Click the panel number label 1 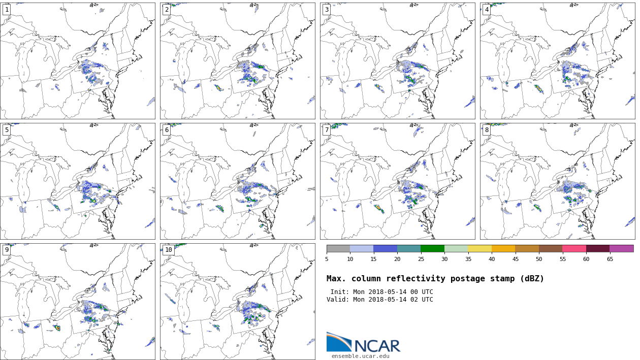[7, 10]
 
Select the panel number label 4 [487, 10]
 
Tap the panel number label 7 [327, 130]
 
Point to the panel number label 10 [168, 250]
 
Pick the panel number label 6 [167, 130]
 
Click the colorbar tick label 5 [327, 259]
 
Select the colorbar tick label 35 [468, 259]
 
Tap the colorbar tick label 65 [610, 259]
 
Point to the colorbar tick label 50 [539, 259]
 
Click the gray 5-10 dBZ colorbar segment [338, 249]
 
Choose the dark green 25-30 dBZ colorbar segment [432, 249]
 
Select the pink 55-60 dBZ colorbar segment [574, 249]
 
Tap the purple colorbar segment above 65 [621, 249]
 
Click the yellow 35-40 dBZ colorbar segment [479, 249]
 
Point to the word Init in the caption [339, 292]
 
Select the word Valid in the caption [337, 300]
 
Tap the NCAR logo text [377, 346]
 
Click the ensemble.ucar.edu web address [361, 356]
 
